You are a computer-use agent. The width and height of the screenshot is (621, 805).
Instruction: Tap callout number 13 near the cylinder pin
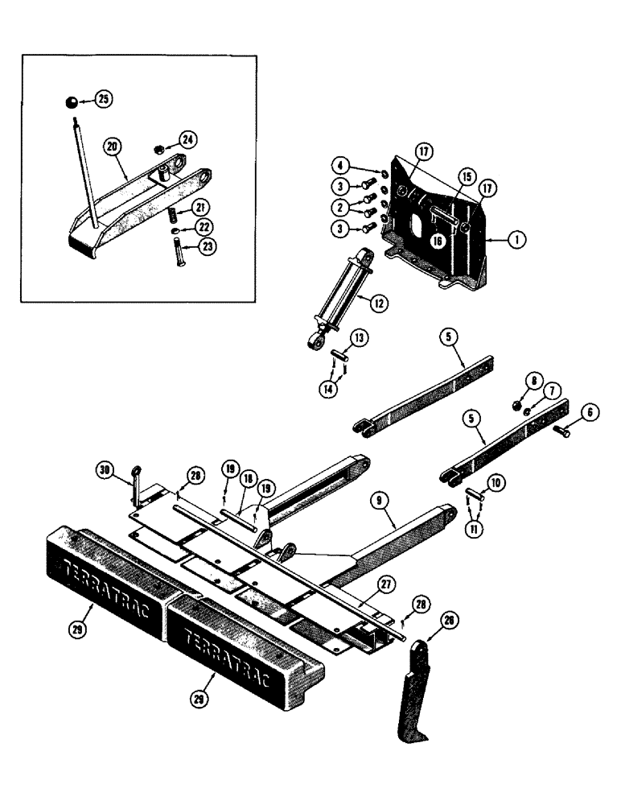click(x=359, y=337)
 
